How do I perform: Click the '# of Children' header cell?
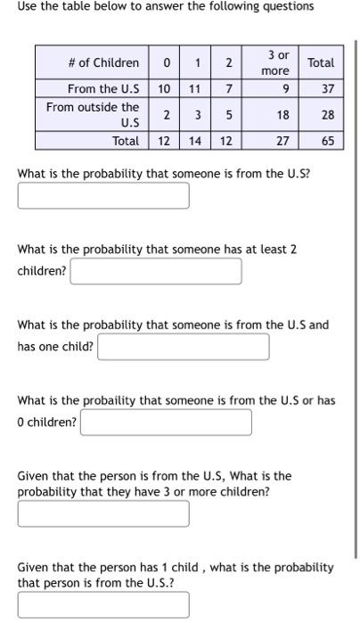coord(103,62)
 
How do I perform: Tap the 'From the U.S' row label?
coord(103,89)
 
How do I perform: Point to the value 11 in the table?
coord(195,89)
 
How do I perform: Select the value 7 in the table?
coord(229,89)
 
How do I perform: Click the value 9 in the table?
coord(283,89)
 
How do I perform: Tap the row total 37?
coord(326,89)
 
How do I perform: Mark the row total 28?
coord(326,114)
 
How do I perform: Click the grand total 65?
coord(327,141)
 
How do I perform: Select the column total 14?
coord(195,141)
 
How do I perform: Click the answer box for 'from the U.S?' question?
coord(103,195)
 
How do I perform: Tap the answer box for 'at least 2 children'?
coord(156,271)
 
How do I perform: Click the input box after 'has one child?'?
coord(184,347)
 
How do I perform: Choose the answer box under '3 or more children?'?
coord(103,513)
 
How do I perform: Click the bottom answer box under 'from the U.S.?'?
coord(103,605)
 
